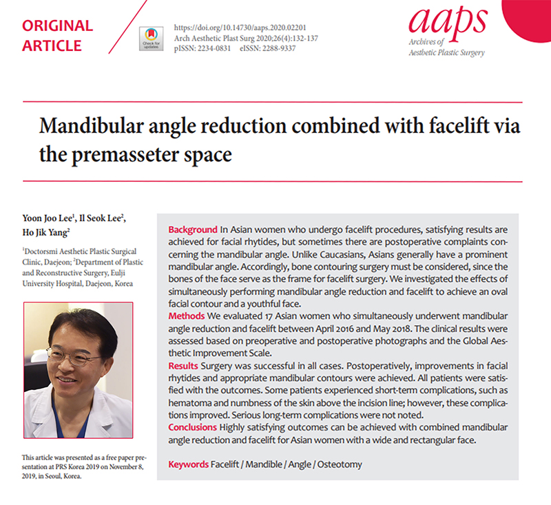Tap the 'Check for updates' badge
click(x=152, y=39)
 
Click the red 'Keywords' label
click(x=188, y=464)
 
